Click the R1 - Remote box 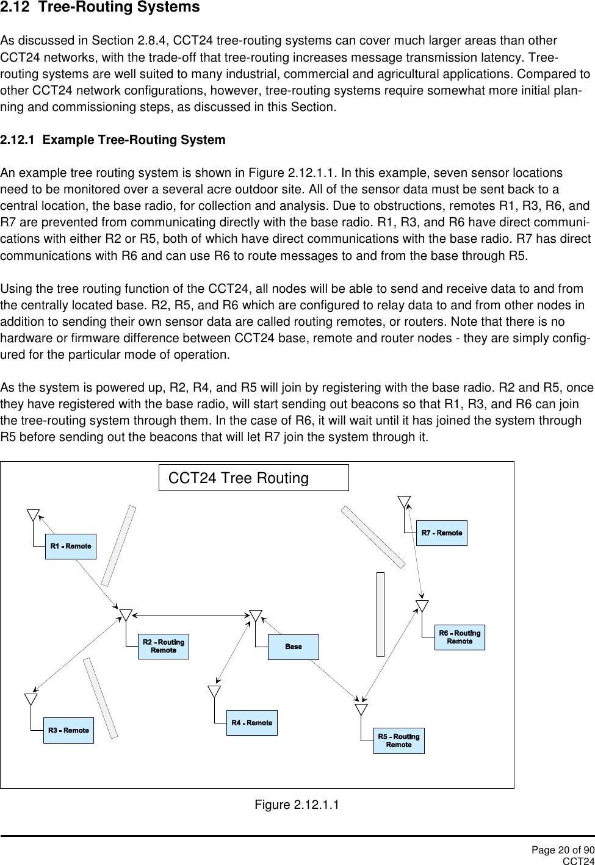71,546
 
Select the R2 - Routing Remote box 163,646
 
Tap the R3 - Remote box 68,730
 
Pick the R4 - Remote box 251,723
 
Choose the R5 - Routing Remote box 398,741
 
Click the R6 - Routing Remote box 460,637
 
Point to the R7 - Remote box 441,533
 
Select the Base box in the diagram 293,647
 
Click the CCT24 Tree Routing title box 253,478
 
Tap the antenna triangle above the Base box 256,616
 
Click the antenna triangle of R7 404,501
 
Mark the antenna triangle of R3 31,698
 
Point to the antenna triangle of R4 214,691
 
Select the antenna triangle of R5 361,709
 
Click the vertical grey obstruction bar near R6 380,614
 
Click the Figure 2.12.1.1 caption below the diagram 297,805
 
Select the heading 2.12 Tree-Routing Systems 100,8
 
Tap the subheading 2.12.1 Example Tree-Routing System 113,140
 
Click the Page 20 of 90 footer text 562,850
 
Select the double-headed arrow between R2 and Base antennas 190,615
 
